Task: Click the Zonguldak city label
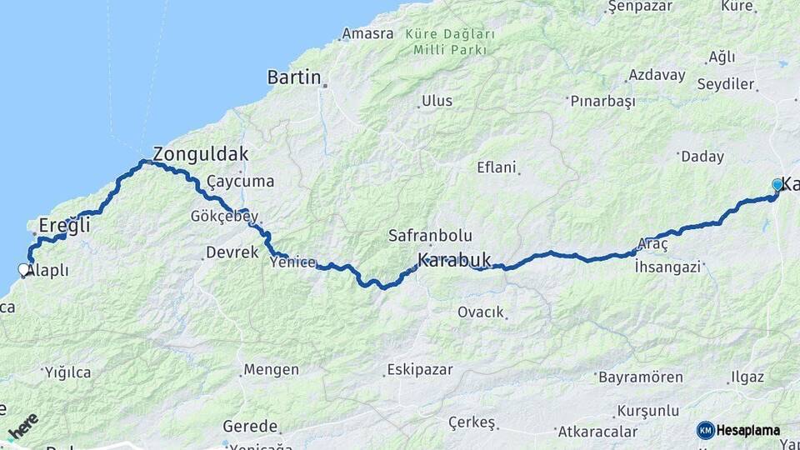click(200, 154)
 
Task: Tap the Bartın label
click(294, 77)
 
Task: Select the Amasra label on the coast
click(367, 35)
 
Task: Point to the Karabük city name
click(454, 259)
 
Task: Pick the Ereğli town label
click(65, 225)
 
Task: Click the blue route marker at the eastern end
click(777, 185)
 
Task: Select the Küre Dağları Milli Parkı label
click(449, 42)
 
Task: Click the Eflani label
click(497, 167)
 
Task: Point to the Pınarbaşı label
click(602, 101)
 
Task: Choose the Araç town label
click(652, 244)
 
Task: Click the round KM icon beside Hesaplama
click(705, 430)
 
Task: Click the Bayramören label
click(640, 377)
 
